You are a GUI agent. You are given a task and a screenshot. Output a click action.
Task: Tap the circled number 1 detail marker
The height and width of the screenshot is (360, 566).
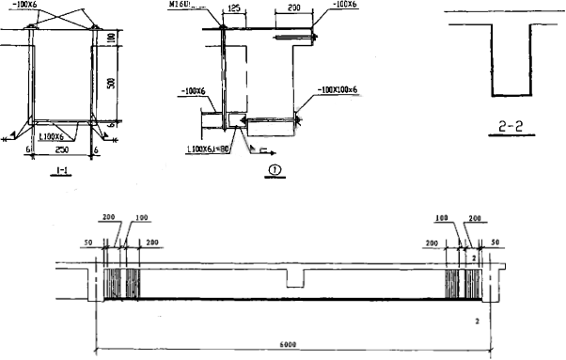275,170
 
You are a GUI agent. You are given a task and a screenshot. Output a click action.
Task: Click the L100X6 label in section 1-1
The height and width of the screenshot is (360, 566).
63,136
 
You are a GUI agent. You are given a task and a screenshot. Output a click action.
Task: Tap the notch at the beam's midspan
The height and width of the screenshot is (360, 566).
294,279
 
